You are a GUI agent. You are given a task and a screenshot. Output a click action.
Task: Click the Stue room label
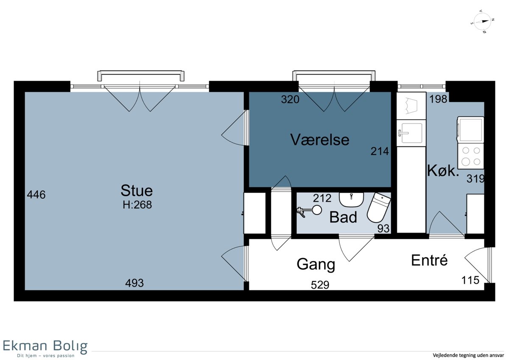coord(137,191)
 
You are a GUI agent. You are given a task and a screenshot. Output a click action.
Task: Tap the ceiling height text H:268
coord(137,205)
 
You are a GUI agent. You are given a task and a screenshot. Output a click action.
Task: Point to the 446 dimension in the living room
coord(36,195)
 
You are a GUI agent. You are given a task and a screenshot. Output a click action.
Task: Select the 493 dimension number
coord(134,283)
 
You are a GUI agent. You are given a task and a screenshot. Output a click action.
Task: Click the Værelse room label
coord(320,140)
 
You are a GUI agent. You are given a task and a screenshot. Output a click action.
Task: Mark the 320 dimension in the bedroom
coord(290,99)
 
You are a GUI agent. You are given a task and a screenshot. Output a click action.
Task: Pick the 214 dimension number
coord(380,151)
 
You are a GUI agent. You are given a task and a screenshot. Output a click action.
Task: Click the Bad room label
coord(343,217)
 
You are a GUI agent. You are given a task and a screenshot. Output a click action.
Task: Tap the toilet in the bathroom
coord(378,208)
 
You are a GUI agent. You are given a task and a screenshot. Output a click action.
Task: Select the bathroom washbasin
coord(351,200)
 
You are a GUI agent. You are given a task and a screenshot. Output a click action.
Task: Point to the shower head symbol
coord(310,211)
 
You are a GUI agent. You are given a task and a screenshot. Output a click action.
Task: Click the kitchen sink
coord(411,133)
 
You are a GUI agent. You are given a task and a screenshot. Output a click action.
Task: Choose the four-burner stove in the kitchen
coord(470,156)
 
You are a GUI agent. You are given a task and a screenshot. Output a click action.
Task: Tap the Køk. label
coord(443,171)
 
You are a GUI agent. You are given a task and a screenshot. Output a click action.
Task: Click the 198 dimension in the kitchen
coord(438,99)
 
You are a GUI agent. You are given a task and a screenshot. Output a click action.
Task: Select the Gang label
coord(316,264)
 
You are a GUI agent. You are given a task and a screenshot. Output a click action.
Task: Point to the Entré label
coord(429,260)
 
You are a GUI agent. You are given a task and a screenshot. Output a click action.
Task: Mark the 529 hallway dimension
coord(320,285)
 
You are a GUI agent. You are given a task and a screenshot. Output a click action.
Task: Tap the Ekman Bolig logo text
coord(45,346)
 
